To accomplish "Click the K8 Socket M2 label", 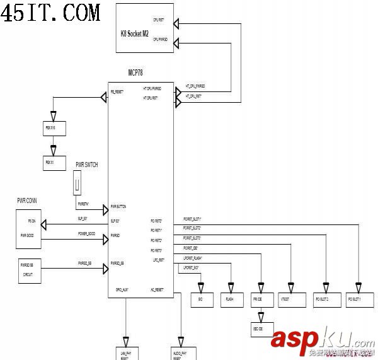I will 134,33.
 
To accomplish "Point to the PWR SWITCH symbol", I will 77,185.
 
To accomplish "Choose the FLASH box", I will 230,300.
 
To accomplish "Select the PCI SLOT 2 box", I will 324,300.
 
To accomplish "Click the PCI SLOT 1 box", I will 357,300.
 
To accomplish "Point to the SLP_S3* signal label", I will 83,218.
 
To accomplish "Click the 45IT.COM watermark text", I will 50,12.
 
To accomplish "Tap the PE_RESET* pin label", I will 118,92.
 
